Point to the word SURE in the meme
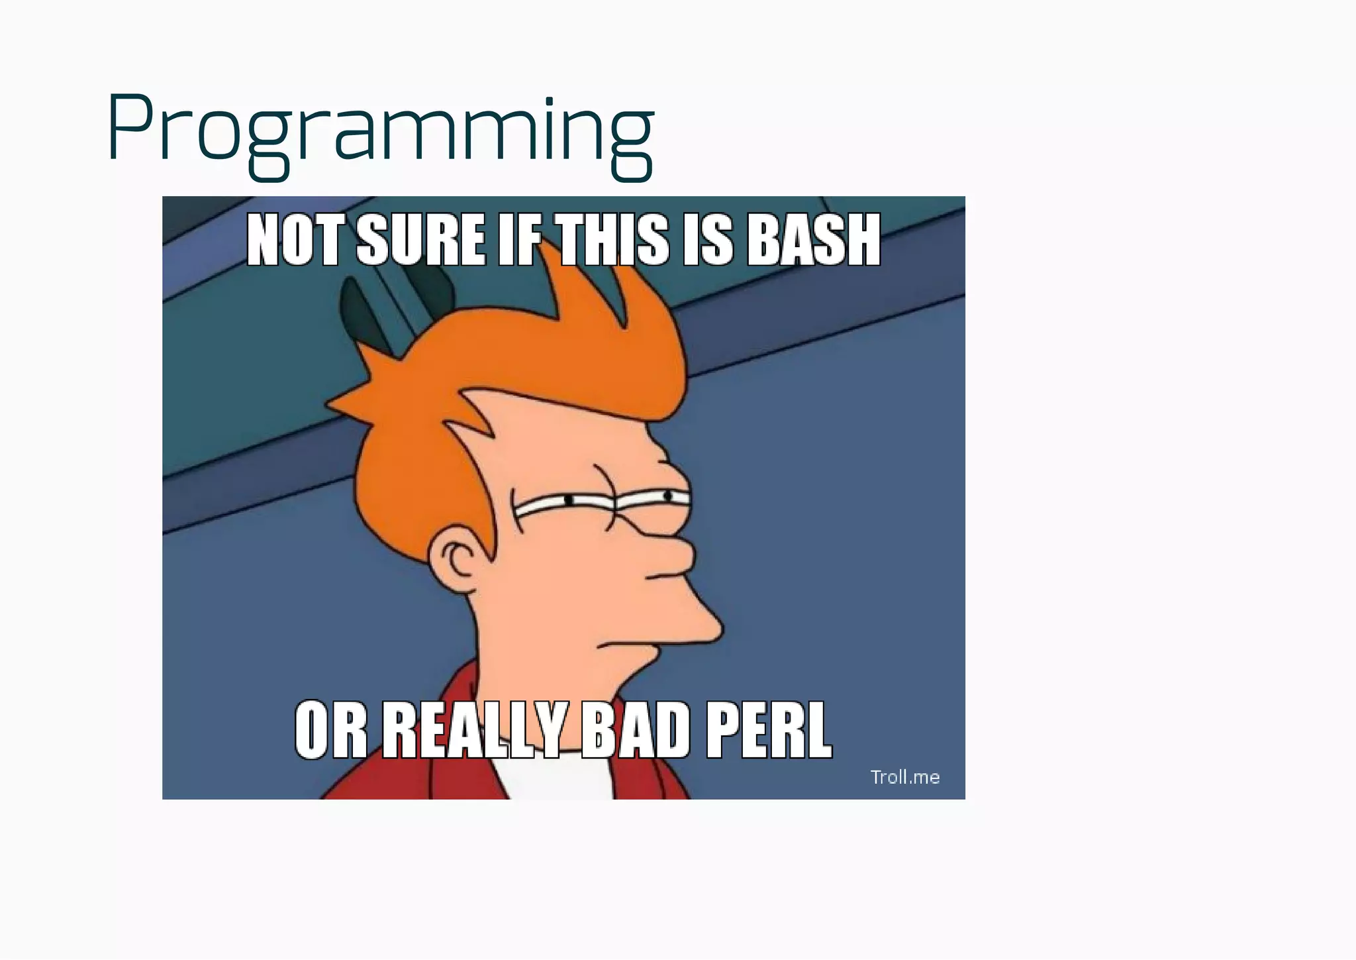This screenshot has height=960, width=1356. point(420,240)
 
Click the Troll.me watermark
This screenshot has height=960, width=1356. point(904,777)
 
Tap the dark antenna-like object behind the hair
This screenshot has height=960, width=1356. point(358,311)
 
